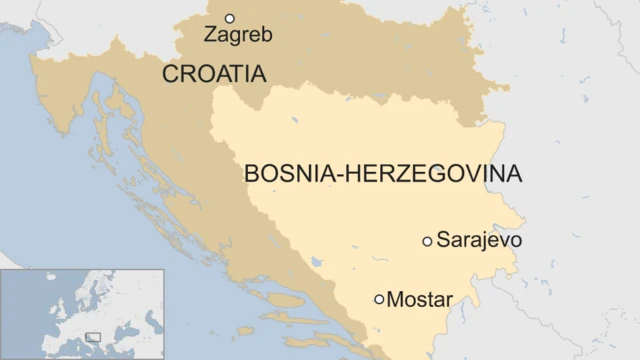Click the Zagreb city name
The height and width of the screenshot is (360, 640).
(x=238, y=35)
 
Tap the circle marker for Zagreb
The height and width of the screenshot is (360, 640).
(x=229, y=18)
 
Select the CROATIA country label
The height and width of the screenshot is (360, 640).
(x=214, y=73)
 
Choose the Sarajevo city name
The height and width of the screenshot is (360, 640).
(x=479, y=241)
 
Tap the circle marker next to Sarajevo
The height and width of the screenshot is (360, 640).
(x=427, y=241)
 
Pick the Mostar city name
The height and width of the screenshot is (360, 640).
(x=419, y=299)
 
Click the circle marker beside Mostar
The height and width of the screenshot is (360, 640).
(x=379, y=299)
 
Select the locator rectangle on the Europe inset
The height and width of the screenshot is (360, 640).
(x=92, y=336)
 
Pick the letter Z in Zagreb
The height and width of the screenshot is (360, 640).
(x=210, y=35)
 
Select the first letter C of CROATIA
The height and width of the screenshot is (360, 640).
(x=170, y=73)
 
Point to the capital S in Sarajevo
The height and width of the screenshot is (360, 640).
(x=443, y=241)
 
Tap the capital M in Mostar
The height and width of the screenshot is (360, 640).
(x=394, y=299)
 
